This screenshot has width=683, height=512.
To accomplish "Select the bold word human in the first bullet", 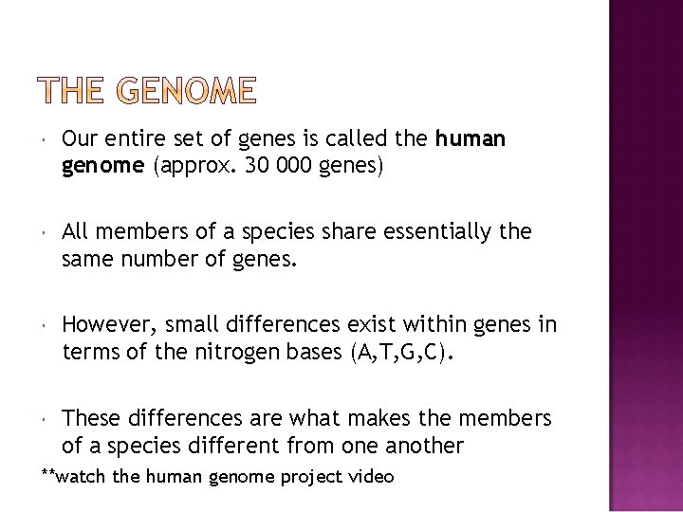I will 471,140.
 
